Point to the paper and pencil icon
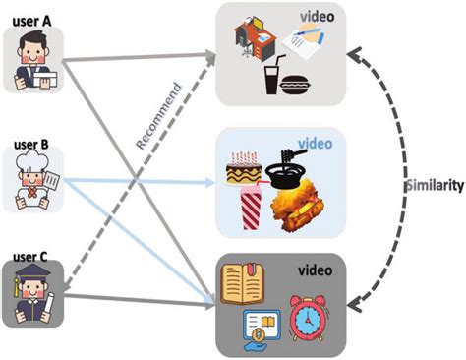tap(311, 40)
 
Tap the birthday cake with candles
tap(244, 170)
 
